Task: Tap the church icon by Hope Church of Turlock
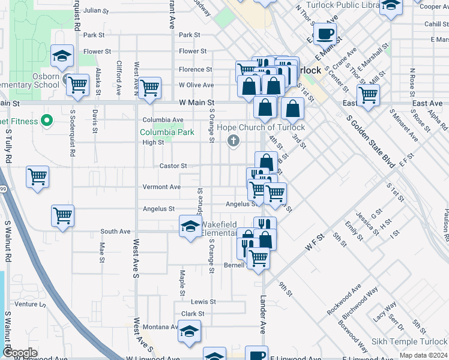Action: click(234, 142)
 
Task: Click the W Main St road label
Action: click(197, 103)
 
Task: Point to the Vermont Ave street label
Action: click(161, 187)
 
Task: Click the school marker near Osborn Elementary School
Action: click(62, 56)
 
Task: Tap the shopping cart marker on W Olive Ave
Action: click(149, 88)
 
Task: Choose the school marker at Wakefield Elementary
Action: click(190, 227)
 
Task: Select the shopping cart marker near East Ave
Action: click(368, 95)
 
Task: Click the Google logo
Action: click(19, 353)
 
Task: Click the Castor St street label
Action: click(173, 166)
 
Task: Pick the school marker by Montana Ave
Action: click(189, 331)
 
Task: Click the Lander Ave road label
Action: click(262, 314)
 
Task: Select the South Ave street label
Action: click(115, 232)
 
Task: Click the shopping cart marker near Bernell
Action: click(258, 258)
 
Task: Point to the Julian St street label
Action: click(96, 11)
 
